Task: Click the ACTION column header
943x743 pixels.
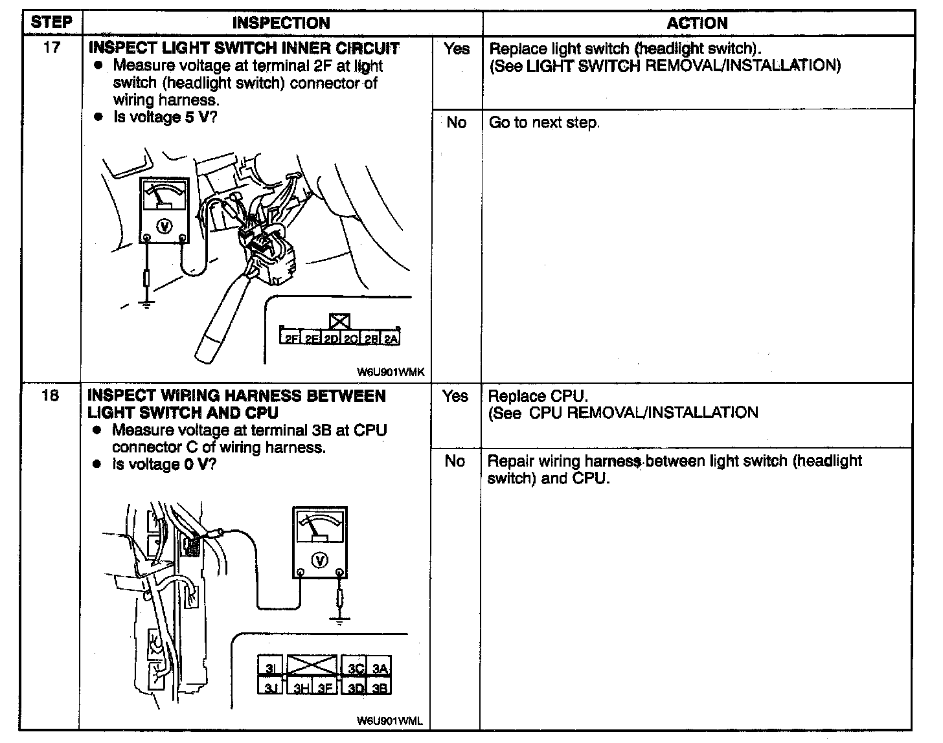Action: (x=697, y=23)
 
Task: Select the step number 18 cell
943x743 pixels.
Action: (x=51, y=395)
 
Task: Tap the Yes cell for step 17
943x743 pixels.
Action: (x=457, y=49)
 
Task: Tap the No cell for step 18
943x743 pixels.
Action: (x=455, y=461)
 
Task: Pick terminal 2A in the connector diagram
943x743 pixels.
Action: (x=391, y=338)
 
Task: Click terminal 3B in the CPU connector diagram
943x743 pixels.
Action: (x=381, y=688)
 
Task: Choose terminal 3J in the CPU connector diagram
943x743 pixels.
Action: (x=270, y=688)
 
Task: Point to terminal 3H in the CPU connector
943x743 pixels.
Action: (x=302, y=688)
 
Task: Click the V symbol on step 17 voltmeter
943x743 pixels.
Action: (x=165, y=226)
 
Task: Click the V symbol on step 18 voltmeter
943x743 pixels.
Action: (x=319, y=560)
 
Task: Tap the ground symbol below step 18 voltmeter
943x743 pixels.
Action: (x=339, y=621)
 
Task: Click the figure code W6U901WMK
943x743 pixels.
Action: (x=390, y=372)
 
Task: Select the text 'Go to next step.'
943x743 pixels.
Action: (x=544, y=122)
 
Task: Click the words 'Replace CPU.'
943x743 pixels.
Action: (x=538, y=396)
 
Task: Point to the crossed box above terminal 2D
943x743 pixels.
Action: (x=339, y=322)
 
